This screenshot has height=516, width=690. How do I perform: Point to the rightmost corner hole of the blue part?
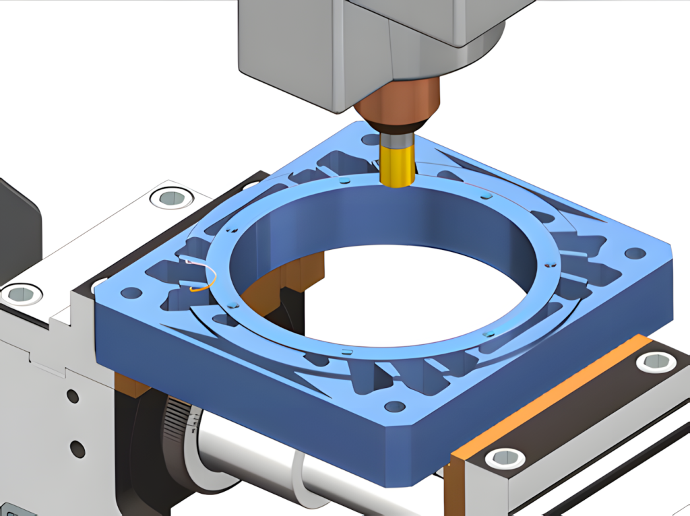[x=634, y=254]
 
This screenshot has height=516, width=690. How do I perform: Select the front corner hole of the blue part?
[x=394, y=406]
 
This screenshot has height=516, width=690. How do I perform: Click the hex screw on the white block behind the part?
[x=168, y=197]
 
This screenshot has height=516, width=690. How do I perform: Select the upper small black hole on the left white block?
[x=73, y=397]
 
